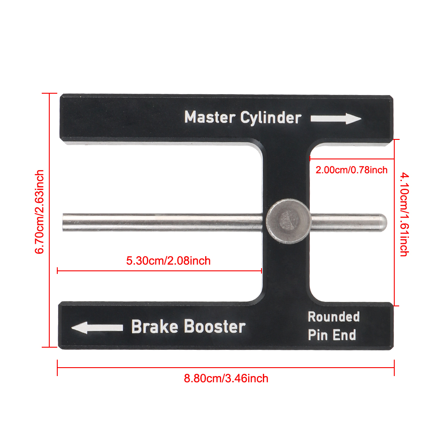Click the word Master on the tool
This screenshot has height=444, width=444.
click(x=210, y=117)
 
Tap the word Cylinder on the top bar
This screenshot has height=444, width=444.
click(x=271, y=118)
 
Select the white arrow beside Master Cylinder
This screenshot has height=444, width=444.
click(x=336, y=119)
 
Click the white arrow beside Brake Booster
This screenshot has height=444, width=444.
click(x=97, y=328)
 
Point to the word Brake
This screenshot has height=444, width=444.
click(x=155, y=326)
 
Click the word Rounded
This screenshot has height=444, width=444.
click(x=333, y=317)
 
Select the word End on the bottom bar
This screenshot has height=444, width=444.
click(x=344, y=335)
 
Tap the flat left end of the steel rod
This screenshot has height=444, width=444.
click(x=63, y=222)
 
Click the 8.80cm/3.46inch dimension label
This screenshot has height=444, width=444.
click(x=226, y=378)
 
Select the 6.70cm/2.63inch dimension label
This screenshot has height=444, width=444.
click(x=40, y=212)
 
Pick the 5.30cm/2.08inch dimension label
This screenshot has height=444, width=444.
click(x=168, y=261)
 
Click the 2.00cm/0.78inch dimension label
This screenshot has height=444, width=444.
click(x=351, y=170)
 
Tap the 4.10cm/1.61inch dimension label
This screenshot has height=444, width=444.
click(x=404, y=214)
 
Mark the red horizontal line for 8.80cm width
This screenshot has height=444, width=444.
click(x=226, y=368)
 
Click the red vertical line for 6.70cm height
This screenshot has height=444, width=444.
click(x=49, y=220)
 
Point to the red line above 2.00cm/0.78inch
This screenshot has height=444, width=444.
click(x=352, y=159)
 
